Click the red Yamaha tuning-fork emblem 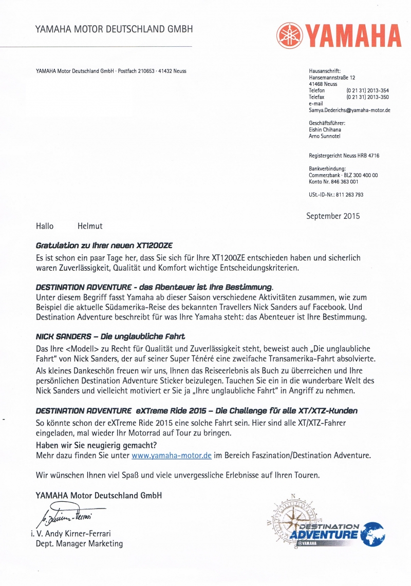[290, 34]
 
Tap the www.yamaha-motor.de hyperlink [172, 456]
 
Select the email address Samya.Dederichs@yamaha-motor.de [349, 110]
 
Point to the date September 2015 [333, 216]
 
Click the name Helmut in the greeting [90, 225]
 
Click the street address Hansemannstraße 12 [332, 78]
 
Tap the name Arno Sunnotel [325, 136]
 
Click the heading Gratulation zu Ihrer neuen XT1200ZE [107, 245]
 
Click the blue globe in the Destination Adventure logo [372, 535]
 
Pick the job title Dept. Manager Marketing [79, 543]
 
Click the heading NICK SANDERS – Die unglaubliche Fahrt [110, 336]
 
